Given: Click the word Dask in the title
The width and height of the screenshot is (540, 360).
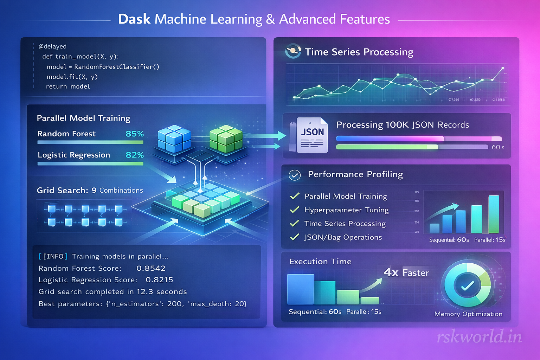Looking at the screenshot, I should pyautogui.click(x=134, y=19).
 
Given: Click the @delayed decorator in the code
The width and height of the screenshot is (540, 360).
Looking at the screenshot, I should pyautogui.click(x=52, y=46).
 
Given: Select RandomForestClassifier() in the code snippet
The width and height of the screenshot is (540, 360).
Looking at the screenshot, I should pyautogui.click(x=117, y=67).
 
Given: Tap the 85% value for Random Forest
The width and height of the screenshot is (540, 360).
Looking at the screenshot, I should pyautogui.click(x=135, y=134).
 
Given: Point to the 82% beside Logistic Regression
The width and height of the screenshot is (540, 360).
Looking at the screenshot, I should pyautogui.click(x=135, y=155).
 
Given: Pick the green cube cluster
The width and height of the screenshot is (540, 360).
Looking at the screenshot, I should pyautogui.click(x=226, y=138).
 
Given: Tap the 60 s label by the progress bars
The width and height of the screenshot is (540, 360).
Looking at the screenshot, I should pyautogui.click(x=498, y=147).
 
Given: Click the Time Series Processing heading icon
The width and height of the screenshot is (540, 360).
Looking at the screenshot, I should pyautogui.click(x=293, y=51).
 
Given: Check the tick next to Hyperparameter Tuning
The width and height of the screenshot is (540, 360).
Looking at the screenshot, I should pyautogui.click(x=295, y=210).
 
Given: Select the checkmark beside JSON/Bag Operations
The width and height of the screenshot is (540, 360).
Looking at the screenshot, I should pyautogui.click(x=295, y=237).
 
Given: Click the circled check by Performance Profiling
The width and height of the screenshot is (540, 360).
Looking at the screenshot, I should pyautogui.click(x=295, y=175).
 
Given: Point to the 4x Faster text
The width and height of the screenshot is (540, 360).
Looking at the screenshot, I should pyautogui.click(x=406, y=272).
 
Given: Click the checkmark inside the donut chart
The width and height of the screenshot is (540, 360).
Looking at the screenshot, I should pyautogui.click(x=468, y=286).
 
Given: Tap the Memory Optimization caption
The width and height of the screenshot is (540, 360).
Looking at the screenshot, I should pyautogui.click(x=468, y=314).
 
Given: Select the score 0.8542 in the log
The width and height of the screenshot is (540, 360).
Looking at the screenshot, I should pyautogui.click(x=151, y=268).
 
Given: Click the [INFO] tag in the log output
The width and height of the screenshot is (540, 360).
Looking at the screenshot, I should pyautogui.click(x=53, y=256).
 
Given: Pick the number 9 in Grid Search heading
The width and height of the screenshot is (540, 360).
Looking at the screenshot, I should pyautogui.click(x=94, y=191).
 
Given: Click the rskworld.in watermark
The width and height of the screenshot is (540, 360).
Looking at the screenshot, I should pyautogui.click(x=479, y=337).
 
